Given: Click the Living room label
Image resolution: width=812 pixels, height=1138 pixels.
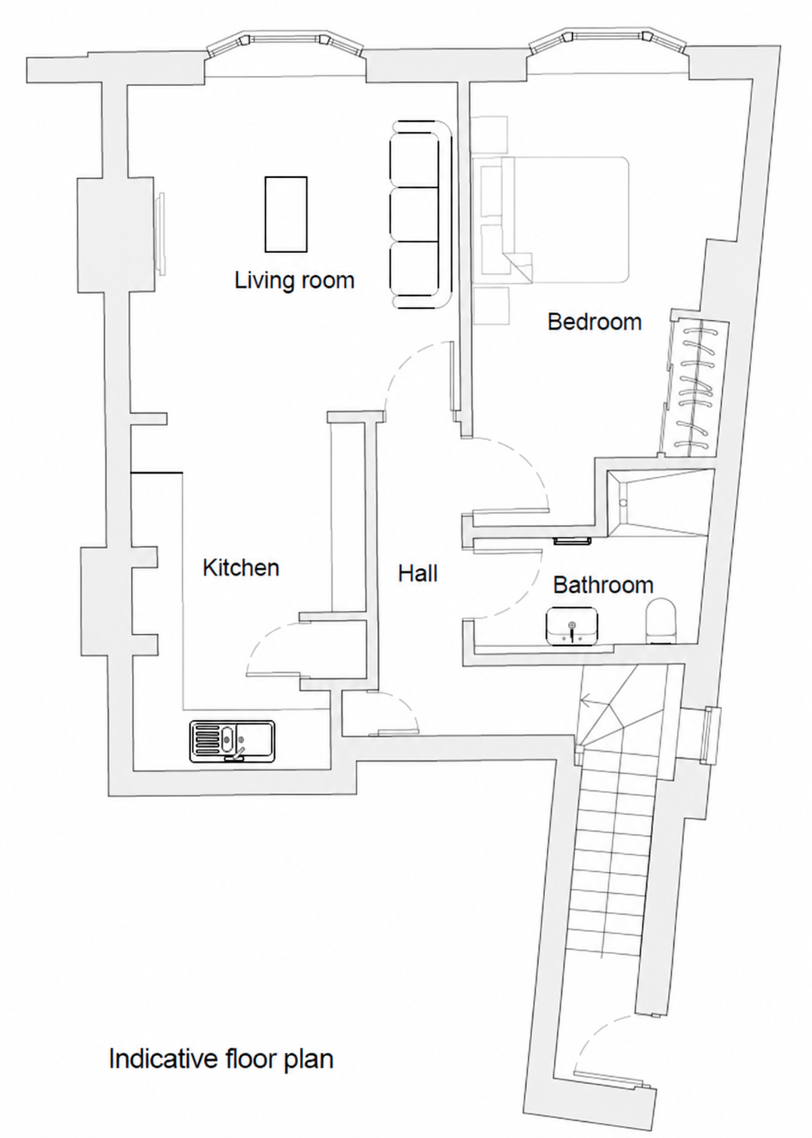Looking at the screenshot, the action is click(x=294, y=281).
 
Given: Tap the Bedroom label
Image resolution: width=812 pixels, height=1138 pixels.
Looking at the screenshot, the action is click(x=594, y=322).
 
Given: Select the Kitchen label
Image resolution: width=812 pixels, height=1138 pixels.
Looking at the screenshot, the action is click(x=241, y=568).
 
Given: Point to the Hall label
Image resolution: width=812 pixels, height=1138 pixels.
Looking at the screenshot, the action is click(x=418, y=573).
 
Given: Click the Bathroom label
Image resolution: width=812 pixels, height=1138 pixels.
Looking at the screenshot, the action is click(x=603, y=585).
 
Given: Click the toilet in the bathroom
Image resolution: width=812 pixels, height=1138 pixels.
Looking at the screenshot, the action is click(x=661, y=621).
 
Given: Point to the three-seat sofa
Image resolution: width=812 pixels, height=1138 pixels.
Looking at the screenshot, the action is click(x=420, y=215).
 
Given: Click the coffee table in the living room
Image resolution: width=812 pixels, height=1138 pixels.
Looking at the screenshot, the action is click(x=286, y=214).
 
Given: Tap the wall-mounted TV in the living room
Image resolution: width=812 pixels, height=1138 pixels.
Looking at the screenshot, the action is click(x=161, y=233).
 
